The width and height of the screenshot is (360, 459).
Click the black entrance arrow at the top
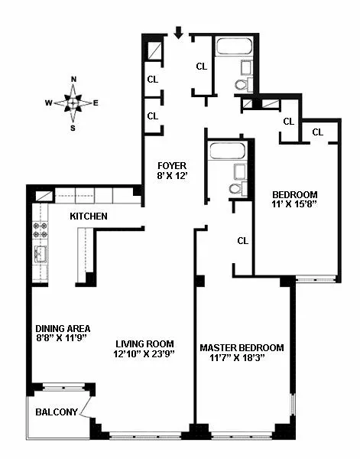tap(178, 32)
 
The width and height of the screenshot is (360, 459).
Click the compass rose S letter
tap(73, 128)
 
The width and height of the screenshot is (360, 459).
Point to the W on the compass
tap(48, 103)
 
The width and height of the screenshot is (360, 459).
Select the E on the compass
tap(96, 103)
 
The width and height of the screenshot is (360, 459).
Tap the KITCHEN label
tap(89, 216)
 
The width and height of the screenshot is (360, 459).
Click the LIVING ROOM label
tap(145, 343)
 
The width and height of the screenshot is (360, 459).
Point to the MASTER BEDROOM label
tap(242, 347)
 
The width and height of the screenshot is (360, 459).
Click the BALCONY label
tap(57, 412)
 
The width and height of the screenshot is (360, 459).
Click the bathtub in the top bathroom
tap(238, 47)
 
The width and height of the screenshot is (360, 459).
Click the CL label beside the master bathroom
tap(242, 240)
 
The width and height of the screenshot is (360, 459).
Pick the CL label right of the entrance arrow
tap(201, 66)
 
